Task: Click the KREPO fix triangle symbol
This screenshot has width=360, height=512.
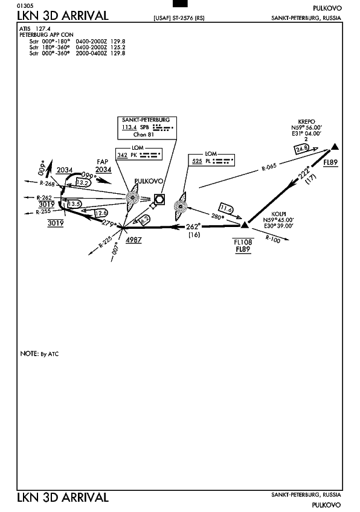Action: point(335,147)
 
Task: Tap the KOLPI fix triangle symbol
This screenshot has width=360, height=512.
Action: point(245,225)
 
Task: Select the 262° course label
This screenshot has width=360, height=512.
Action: point(193,226)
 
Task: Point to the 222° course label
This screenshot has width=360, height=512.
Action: point(304,173)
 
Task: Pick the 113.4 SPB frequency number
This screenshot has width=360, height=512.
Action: point(129,127)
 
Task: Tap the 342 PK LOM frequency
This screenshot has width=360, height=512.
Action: point(122,155)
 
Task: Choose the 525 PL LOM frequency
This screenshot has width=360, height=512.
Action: point(197,161)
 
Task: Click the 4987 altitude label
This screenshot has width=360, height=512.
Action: point(133,240)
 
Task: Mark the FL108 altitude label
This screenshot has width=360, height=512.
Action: point(243,242)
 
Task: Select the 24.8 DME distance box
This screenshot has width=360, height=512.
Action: point(301,149)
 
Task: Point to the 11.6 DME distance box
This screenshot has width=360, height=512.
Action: point(226,209)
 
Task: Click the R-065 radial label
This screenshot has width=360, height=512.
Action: point(269,167)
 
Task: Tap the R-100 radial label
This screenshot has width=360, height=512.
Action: point(273,239)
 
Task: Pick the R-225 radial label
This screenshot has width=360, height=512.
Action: point(105,242)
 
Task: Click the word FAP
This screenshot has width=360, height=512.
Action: point(102,162)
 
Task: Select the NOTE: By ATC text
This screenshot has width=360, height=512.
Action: point(39,354)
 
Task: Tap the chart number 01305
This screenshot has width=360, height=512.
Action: point(26,6)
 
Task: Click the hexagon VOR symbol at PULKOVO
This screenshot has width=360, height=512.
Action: point(159,199)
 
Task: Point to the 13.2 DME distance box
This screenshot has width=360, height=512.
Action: point(82,183)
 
